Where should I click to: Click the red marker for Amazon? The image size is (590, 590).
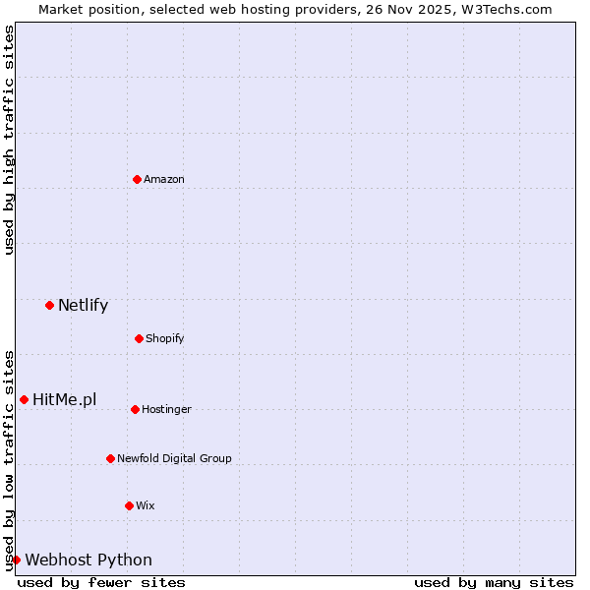[138, 179]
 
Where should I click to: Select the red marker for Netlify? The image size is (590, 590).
[49, 305]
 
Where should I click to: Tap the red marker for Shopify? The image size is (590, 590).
[139, 338]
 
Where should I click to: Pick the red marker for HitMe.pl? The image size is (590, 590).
[24, 399]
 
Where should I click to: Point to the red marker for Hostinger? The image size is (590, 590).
[135, 409]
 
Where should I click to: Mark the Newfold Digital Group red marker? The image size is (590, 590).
[110, 458]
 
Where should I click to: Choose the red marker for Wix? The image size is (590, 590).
[129, 505]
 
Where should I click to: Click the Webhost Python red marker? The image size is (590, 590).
[16, 560]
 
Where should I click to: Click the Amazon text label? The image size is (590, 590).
[164, 179]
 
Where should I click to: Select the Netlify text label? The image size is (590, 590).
[83, 305]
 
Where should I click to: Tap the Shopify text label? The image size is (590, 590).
[165, 338]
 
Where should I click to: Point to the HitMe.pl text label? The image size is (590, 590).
[65, 399]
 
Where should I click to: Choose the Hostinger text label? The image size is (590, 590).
[167, 409]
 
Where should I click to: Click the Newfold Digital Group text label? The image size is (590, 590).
[175, 458]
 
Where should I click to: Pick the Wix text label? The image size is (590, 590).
[146, 505]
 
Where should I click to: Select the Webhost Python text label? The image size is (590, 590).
[88, 560]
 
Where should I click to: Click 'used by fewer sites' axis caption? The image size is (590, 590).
[101, 582]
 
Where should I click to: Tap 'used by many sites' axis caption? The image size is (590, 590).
[494, 582]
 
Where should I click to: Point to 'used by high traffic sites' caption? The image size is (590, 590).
[9, 140]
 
